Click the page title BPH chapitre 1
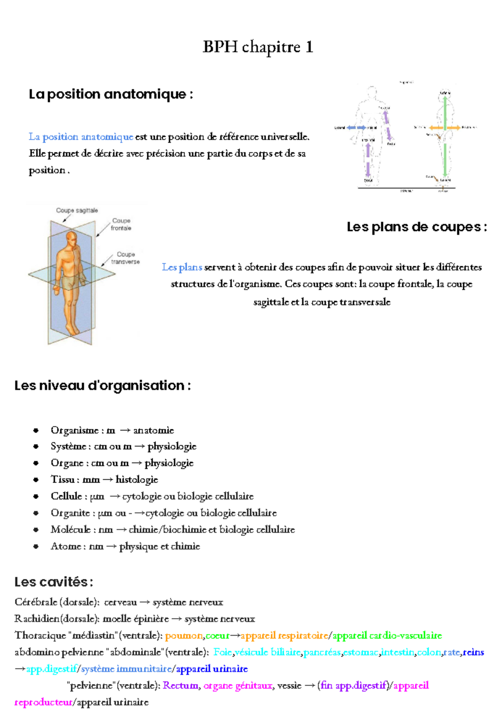258,47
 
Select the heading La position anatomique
110,94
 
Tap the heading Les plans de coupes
417,227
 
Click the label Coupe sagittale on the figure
77,211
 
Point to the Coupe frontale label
121,224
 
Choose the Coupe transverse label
125,258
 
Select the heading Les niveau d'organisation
102,385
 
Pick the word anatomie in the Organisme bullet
154,430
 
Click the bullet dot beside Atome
36,546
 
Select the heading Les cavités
53,582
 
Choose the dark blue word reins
474,652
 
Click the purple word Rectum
181,686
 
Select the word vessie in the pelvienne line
289,686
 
